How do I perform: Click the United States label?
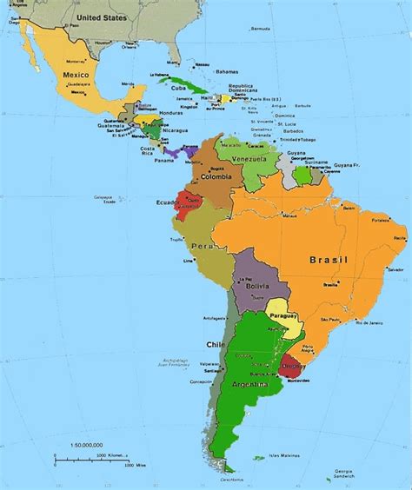tap(101, 17)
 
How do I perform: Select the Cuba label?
tap(178, 88)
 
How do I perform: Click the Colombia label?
tap(216, 177)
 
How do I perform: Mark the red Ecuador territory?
tap(184, 202)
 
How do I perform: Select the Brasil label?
tap(331, 260)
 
